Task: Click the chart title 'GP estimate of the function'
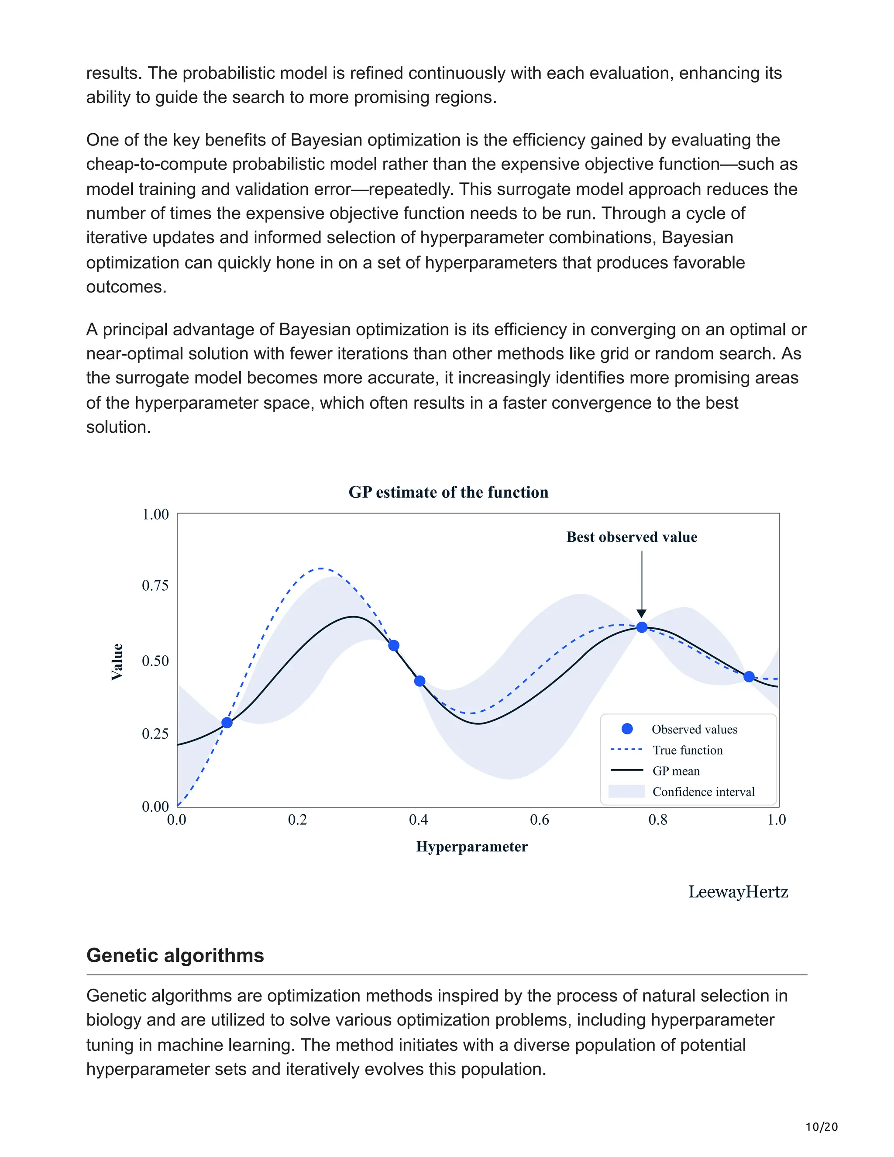coord(448,492)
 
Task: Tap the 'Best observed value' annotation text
coord(631,537)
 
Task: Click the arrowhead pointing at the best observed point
coord(641,613)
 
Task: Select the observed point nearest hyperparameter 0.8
coord(641,627)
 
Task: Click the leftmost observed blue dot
coord(227,723)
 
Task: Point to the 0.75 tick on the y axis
coord(155,585)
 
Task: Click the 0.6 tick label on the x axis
coord(539,820)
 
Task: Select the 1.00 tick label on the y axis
coord(155,514)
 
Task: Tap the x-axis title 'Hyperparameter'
coord(471,847)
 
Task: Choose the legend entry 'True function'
coord(687,750)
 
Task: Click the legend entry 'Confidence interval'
coord(703,792)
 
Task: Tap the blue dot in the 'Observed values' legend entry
coord(627,729)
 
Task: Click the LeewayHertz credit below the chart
coord(738,892)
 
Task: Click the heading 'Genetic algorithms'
coord(175,955)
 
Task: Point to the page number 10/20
coord(822,1127)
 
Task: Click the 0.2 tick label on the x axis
coord(297,820)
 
